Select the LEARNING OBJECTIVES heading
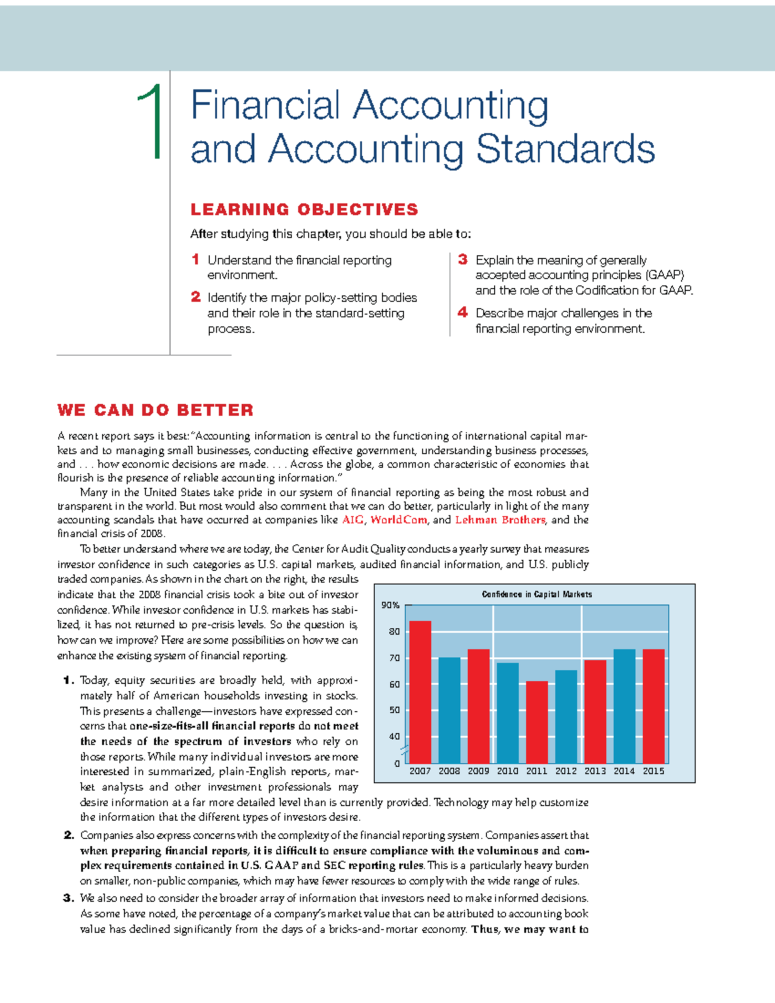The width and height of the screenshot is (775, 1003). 304,209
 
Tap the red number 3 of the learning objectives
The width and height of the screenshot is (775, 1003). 462,260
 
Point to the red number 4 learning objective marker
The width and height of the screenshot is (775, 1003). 462,313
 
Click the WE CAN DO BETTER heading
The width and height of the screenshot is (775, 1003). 155,410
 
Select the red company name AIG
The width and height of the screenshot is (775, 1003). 353,520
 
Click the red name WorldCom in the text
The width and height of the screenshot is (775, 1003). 398,520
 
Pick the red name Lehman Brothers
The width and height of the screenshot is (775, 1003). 500,520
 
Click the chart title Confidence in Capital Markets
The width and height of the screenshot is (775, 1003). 537,594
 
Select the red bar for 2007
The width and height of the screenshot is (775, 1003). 420,691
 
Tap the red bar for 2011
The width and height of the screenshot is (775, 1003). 537,722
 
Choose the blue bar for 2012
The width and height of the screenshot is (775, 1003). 566,717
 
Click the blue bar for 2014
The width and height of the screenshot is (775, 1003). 624,706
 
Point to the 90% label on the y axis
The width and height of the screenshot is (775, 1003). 390,605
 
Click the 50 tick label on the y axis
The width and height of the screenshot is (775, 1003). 394,710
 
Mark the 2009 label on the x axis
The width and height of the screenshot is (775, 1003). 478,771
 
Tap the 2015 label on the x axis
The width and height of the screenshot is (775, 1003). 653,771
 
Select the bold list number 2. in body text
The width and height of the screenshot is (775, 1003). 69,835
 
